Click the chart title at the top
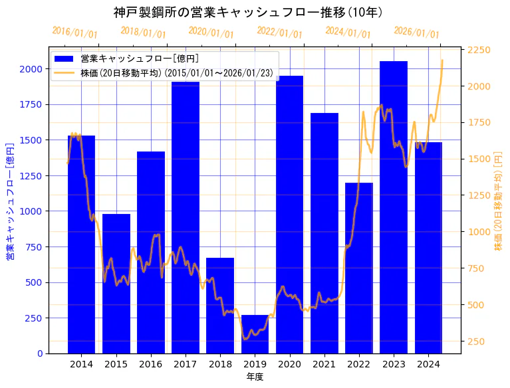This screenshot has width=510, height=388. pos(248,13)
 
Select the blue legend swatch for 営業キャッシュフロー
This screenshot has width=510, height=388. pos(64,58)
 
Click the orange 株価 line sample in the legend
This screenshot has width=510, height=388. pos(64,72)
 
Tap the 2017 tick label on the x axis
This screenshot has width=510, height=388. pos(186,364)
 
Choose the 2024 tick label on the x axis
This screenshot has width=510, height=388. pos(428,364)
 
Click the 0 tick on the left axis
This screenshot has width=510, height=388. pos(40,353)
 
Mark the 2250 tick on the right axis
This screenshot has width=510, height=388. pos(479,50)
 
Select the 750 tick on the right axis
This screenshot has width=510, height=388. pos(476,268)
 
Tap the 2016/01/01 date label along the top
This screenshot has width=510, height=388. pos(75,33)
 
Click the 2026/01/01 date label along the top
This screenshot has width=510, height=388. pos(417,33)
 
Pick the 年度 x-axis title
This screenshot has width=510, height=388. pos(255,377)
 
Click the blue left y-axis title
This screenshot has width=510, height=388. pos(9,200)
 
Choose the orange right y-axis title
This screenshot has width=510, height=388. pos(498,200)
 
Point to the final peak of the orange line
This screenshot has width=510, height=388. pos(442,60)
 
